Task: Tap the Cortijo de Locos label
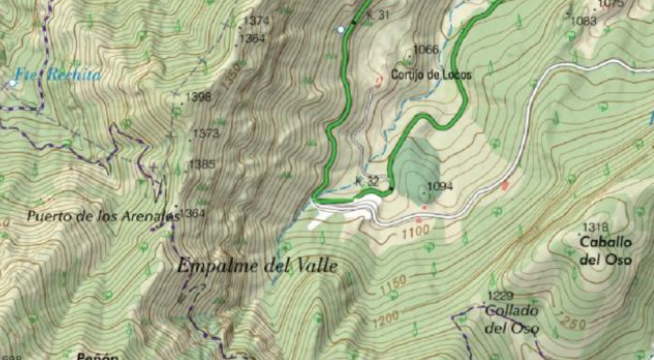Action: click(x=431, y=74)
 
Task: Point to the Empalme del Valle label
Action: click(x=257, y=265)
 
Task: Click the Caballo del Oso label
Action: click(x=605, y=251)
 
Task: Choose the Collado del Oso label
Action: click(x=511, y=319)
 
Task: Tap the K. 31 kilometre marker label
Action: click(x=379, y=15)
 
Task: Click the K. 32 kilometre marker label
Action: click(x=367, y=181)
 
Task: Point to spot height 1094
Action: click(x=440, y=186)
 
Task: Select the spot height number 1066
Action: click(x=426, y=49)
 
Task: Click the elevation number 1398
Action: click(x=199, y=97)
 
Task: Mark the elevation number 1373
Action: click(x=207, y=132)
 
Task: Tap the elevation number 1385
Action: click(x=202, y=164)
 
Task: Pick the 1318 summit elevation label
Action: click(x=595, y=228)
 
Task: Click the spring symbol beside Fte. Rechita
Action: click(x=12, y=83)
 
